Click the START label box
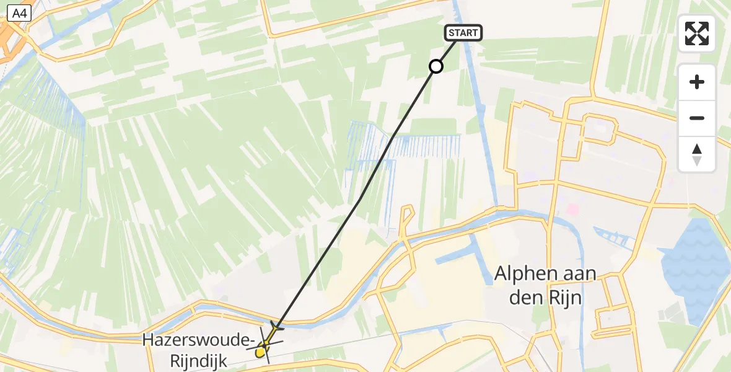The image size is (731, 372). (463, 33)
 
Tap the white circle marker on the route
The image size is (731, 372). (436, 66)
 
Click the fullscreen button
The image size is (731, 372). (697, 33)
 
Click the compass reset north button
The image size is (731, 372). (697, 154)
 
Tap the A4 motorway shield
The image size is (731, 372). (19, 12)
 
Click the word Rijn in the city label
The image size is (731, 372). (565, 298)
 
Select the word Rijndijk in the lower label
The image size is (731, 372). (199, 361)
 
